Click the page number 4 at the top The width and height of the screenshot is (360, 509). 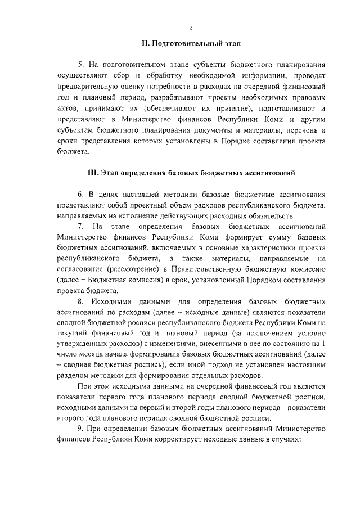click(191, 29)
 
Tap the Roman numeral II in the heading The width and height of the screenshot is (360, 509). click(145, 43)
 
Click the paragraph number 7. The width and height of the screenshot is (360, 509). click(80, 227)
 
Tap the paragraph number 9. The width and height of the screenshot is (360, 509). click(80, 431)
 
